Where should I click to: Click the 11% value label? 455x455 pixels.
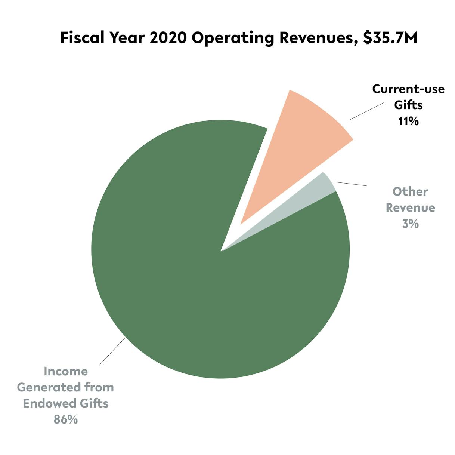(x=408, y=122)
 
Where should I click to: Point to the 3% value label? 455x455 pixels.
(x=410, y=224)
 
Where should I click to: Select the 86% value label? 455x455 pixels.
(x=66, y=419)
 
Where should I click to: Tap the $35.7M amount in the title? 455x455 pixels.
(x=390, y=38)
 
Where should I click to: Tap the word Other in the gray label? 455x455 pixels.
(x=410, y=191)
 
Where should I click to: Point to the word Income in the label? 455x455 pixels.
(x=66, y=371)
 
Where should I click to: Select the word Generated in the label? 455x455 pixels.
(x=49, y=387)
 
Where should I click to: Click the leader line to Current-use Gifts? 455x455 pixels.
(x=366, y=111)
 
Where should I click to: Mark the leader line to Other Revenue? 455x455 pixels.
(x=350, y=184)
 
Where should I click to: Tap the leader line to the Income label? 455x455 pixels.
(x=112, y=352)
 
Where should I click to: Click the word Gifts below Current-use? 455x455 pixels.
(x=408, y=105)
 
